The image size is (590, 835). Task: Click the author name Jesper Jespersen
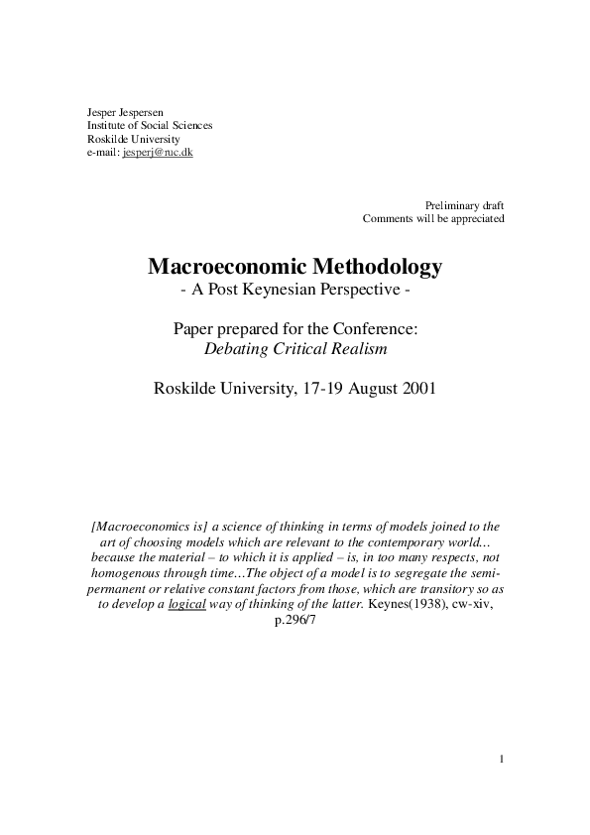coord(124,112)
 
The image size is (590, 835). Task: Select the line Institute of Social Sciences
coord(150,126)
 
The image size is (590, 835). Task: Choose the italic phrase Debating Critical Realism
coord(295,349)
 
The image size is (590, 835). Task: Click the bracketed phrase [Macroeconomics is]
coord(148,527)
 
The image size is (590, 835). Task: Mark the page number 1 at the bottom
coord(502,761)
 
